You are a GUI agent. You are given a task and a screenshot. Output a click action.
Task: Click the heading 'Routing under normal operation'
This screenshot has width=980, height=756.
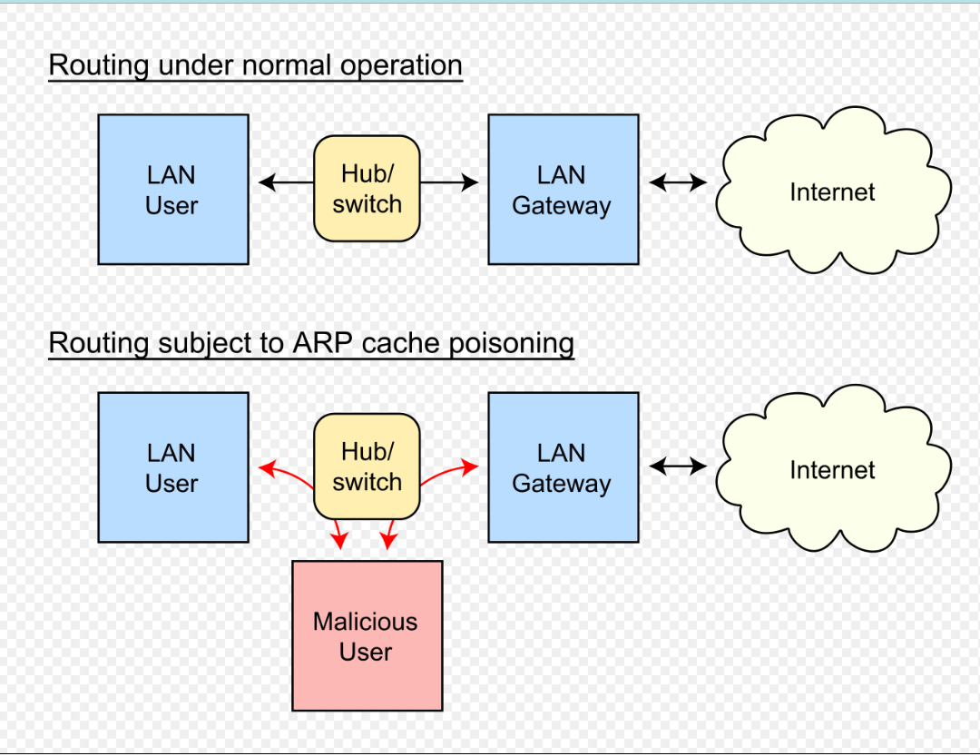click(255, 66)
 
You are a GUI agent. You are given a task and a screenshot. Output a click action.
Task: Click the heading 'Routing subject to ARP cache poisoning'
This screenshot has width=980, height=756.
click(310, 343)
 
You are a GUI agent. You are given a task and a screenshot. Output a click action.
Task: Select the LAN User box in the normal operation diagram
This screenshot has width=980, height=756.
click(172, 190)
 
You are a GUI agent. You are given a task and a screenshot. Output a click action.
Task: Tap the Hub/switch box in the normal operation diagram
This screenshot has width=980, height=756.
click(367, 189)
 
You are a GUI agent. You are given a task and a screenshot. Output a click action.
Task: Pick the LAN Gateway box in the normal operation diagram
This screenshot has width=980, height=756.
click(563, 190)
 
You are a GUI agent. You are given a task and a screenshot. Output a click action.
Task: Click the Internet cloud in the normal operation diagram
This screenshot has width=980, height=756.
click(832, 191)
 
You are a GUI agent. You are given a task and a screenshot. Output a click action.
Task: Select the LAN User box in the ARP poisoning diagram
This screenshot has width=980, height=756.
click(172, 467)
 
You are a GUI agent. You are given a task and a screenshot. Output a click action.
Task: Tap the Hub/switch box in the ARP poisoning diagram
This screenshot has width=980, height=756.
click(367, 466)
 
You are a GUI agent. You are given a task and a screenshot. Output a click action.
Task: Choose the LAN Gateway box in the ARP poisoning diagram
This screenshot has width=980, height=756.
click(563, 467)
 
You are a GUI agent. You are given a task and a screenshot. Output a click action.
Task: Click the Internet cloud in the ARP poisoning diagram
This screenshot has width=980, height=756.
click(832, 469)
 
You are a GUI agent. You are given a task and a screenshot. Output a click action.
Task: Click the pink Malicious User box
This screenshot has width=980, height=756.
click(367, 635)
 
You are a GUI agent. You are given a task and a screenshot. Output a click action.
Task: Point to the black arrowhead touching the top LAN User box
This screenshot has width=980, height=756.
click(267, 183)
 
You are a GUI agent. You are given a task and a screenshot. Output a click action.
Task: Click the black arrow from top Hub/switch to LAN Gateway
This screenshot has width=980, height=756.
click(449, 183)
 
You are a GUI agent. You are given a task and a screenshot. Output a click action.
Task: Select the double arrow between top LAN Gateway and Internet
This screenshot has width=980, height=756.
click(678, 183)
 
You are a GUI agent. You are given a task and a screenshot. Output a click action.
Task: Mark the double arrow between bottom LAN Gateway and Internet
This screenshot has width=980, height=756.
click(678, 466)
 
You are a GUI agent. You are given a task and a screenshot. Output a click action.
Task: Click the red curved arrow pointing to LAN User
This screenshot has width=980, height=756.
click(284, 472)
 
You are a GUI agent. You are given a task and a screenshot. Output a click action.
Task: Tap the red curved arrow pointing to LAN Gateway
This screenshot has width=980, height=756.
click(449, 472)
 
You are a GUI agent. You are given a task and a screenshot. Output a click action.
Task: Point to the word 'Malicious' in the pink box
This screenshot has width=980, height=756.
click(365, 622)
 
